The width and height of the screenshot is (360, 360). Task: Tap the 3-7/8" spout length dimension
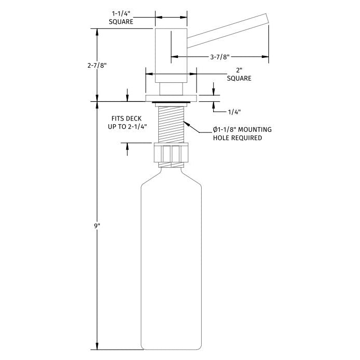[x=219, y=57]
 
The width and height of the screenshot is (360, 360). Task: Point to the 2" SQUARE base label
[x=239, y=74]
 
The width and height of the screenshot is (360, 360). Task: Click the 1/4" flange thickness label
[x=234, y=111]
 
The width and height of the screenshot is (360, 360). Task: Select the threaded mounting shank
[x=170, y=124]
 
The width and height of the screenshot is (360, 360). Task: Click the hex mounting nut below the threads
[x=171, y=153]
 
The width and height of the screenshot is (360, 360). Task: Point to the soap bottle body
[x=171, y=259]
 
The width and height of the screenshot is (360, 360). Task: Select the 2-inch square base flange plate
[x=171, y=98]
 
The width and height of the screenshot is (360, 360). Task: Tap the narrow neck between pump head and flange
[x=171, y=88]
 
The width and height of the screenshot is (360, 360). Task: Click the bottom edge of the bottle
[x=171, y=349]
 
